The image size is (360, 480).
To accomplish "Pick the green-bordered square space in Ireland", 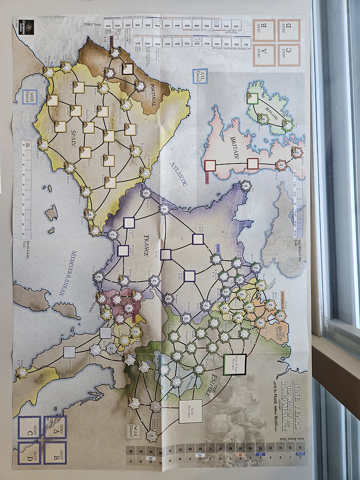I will coord(252,99).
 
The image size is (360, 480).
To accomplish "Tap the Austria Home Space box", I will coord(190,412).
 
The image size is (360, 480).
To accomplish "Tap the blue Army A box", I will coord(55,427).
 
